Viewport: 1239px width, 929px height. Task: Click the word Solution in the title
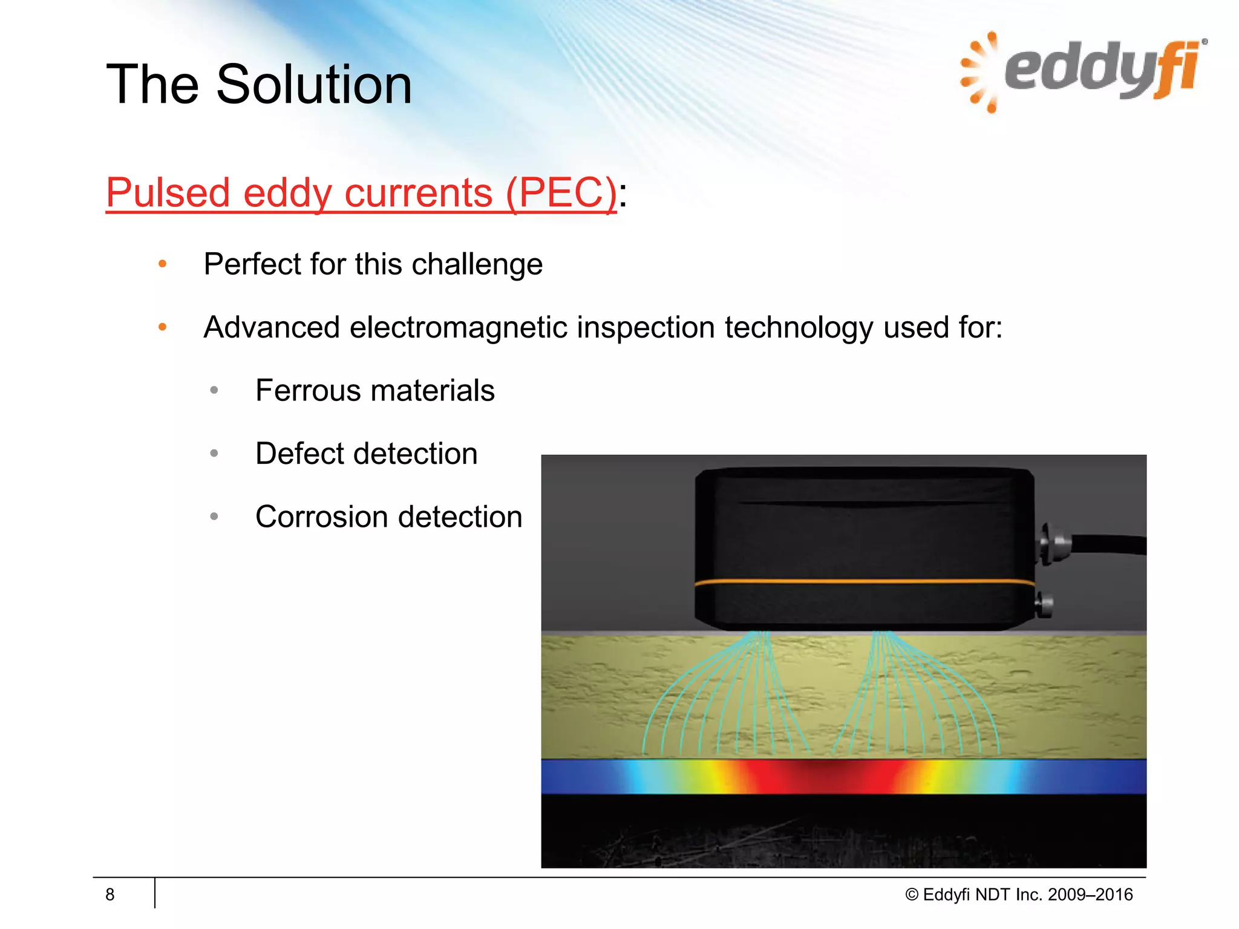(314, 85)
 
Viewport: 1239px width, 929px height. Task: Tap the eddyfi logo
(1083, 71)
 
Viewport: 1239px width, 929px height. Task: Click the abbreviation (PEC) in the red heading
(561, 193)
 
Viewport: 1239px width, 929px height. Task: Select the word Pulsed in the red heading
(168, 193)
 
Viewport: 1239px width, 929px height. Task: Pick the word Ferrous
(306, 391)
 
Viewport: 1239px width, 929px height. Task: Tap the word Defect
(300, 454)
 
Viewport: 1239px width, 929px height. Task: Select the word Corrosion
(321, 517)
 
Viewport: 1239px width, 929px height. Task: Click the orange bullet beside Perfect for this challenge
(162, 264)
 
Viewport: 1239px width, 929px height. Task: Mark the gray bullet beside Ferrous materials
(214, 391)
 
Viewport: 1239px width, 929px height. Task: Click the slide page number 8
(110, 895)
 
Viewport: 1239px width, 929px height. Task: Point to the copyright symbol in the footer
(912, 895)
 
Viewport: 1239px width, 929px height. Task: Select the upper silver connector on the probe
(1049, 542)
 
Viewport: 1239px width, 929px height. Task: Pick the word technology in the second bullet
(799, 328)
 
